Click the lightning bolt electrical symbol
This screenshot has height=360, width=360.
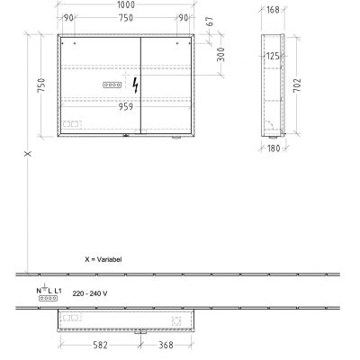[136, 85]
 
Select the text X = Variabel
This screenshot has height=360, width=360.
[103, 258]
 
